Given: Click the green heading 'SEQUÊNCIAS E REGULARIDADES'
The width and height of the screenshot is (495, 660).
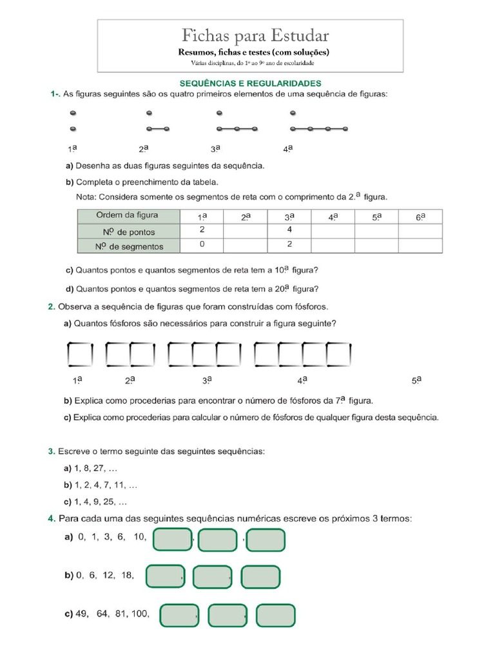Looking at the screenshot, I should click(250, 83).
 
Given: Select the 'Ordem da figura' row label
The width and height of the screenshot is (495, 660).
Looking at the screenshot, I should click(128, 215).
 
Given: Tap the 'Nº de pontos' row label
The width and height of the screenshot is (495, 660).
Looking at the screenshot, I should click(128, 231).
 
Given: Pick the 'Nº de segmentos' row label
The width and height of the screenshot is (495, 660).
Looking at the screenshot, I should click(128, 246).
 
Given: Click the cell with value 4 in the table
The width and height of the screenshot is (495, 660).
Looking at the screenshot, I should click(289, 229).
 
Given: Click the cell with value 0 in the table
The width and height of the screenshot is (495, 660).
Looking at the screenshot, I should click(202, 244).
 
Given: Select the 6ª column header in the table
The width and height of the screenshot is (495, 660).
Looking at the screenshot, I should click(420, 217).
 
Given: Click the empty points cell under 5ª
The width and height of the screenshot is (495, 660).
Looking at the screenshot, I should click(376, 231).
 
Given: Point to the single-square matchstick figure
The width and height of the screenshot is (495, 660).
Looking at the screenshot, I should click(80, 353).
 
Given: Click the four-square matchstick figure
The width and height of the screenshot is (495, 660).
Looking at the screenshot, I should click(302, 353).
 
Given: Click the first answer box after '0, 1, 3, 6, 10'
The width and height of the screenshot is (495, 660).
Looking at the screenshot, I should click(172, 540).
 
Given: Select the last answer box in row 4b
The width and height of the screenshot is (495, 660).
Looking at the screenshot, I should click(260, 577).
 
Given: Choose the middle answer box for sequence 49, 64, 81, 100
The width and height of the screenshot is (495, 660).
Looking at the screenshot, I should click(228, 616).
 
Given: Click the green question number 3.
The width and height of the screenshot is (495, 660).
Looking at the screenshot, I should click(51, 452).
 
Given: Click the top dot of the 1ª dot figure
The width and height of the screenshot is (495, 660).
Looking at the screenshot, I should click(73, 113).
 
